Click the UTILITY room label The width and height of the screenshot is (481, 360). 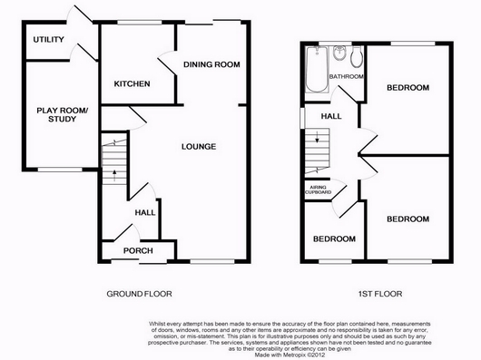pos(48,40)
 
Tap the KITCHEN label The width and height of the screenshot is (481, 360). pos(132,84)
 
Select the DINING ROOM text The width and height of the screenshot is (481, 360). pos(211,64)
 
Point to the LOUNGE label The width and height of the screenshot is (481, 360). pos(199,147)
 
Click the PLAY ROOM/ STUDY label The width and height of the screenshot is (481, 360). pos(62,114)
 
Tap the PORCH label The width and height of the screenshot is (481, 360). pos(138,251)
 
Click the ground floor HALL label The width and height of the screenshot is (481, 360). pos(145,212)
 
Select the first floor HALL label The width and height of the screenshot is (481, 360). pos(331,116)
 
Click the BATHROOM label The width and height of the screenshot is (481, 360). pos(347,76)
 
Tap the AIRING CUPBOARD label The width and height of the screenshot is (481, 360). pos(319,190)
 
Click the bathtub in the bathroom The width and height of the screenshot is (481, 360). pos(317,70)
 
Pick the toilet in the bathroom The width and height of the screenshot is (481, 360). pos(357,57)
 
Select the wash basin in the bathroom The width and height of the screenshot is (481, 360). pos(339,53)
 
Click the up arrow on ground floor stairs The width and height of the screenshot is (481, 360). pos(114,176)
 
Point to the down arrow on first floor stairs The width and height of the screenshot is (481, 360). pos(318,137)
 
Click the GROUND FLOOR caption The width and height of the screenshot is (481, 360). pos(139,294)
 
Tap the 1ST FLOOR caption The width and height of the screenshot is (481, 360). pos(380,294)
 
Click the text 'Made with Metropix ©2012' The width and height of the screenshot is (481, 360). pos(290,355)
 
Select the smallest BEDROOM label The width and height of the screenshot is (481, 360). pos(334,239)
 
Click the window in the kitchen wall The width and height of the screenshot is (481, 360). pos(140,22)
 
